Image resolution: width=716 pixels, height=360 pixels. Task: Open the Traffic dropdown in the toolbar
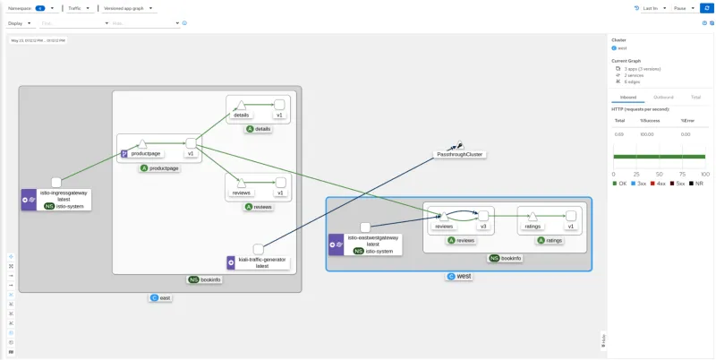point(79,8)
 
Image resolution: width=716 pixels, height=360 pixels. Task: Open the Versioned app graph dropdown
point(128,8)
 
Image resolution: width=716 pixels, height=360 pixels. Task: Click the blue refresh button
point(706,8)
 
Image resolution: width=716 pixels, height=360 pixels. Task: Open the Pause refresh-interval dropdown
point(683,8)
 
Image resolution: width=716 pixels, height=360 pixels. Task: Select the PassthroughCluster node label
point(459,154)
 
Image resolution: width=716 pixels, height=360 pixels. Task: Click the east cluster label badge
point(160,297)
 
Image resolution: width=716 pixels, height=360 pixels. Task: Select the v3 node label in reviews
point(482,227)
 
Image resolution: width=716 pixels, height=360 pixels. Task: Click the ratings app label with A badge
point(550,240)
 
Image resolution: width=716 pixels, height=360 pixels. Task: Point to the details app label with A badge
point(258,129)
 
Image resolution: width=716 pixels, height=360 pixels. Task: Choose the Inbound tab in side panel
point(627,97)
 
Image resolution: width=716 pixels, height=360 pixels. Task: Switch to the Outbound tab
point(663,97)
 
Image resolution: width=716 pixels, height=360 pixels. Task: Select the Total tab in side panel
point(695,97)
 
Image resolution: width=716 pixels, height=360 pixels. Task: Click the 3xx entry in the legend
point(640,183)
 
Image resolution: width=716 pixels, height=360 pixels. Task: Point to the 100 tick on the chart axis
point(704,174)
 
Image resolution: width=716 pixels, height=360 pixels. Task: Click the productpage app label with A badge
point(159,168)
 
